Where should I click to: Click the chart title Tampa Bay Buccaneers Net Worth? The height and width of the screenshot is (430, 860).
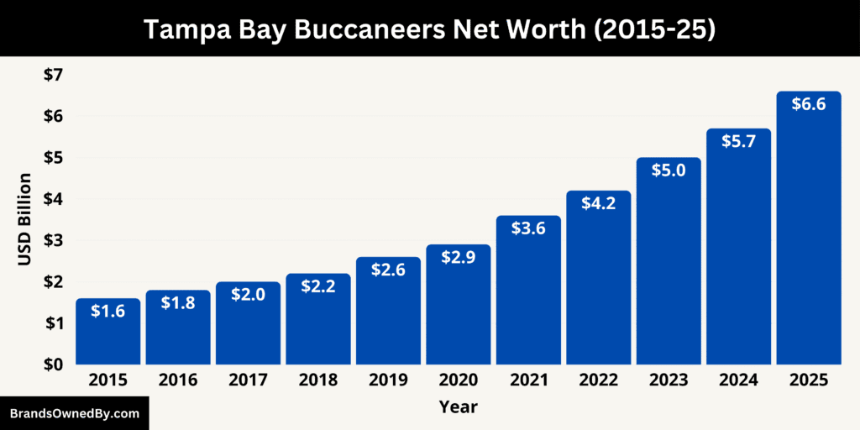[x=429, y=29]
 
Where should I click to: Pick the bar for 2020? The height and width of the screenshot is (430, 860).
[x=458, y=311]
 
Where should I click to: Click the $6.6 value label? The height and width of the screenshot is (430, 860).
[x=809, y=105]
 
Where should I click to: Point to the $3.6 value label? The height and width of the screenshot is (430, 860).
[x=528, y=228]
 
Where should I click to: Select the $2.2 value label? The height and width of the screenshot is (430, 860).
[x=318, y=287]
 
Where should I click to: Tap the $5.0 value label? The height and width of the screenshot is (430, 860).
[x=669, y=170]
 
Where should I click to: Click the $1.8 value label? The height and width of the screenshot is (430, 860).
[x=178, y=303]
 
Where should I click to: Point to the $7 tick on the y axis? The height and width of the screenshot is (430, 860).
[x=53, y=75]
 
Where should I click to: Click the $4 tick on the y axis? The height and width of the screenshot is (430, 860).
[x=53, y=199]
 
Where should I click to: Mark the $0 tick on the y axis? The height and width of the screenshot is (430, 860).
[x=53, y=364]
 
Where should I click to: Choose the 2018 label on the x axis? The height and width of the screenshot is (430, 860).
[x=318, y=380]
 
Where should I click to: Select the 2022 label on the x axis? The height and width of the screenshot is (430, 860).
[x=598, y=380]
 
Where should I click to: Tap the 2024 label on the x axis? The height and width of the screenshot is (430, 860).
[x=738, y=380]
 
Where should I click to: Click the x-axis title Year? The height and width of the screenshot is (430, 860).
[x=458, y=407]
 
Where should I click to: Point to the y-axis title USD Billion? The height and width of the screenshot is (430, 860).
[x=24, y=219]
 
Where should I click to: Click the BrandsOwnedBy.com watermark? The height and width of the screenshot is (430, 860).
[x=74, y=413]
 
